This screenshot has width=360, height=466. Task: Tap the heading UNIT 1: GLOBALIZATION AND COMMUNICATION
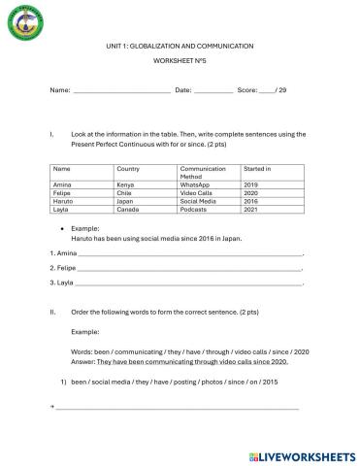click(180, 46)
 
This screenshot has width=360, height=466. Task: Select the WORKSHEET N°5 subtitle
click(180, 60)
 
